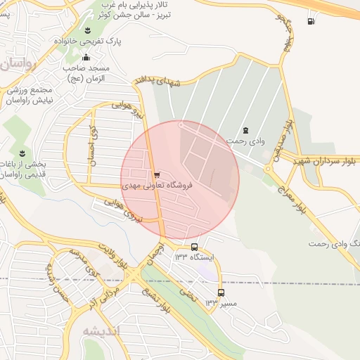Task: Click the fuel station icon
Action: coord(311,21)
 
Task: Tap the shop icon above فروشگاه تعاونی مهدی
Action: coord(157,174)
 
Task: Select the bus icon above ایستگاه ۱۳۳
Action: coord(195,247)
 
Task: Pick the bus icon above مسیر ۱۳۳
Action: coord(221,292)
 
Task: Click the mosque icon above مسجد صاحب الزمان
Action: coord(86,58)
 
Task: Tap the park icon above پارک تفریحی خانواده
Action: coord(88,31)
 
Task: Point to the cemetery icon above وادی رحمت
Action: coord(245,130)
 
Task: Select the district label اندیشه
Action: coord(101,330)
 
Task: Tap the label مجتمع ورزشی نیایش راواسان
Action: coord(29,96)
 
